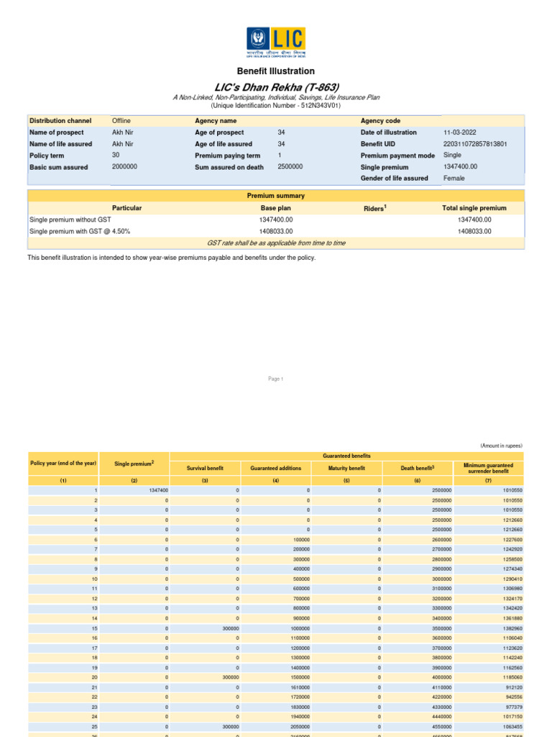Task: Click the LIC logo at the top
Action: point(276,42)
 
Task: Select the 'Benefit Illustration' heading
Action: point(276,71)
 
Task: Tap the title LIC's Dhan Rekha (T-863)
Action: point(276,87)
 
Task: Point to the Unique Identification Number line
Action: point(276,105)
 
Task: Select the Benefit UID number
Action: point(476,144)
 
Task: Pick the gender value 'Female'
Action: point(456,178)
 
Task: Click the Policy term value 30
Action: point(116,155)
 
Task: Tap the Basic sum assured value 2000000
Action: point(124,167)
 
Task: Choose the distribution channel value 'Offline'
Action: point(121,121)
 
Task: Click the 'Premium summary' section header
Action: point(276,196)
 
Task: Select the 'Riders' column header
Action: point(375,208)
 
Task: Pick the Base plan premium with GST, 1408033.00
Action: point(276,231)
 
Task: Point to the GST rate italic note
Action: point(276,243)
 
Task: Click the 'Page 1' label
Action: point(276,379)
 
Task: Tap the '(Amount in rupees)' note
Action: point(502,446)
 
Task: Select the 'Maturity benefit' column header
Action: point(346,468)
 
